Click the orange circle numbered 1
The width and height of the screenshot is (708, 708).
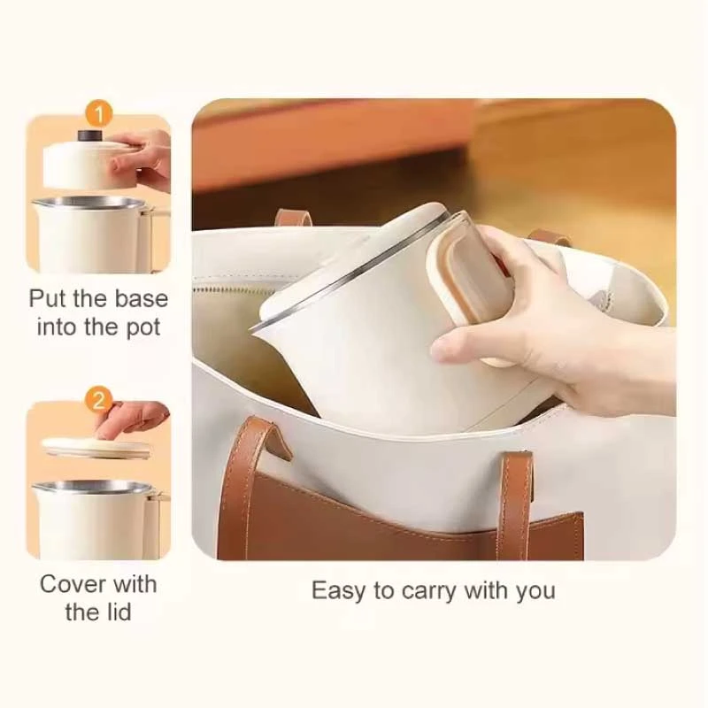point(98,113)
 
